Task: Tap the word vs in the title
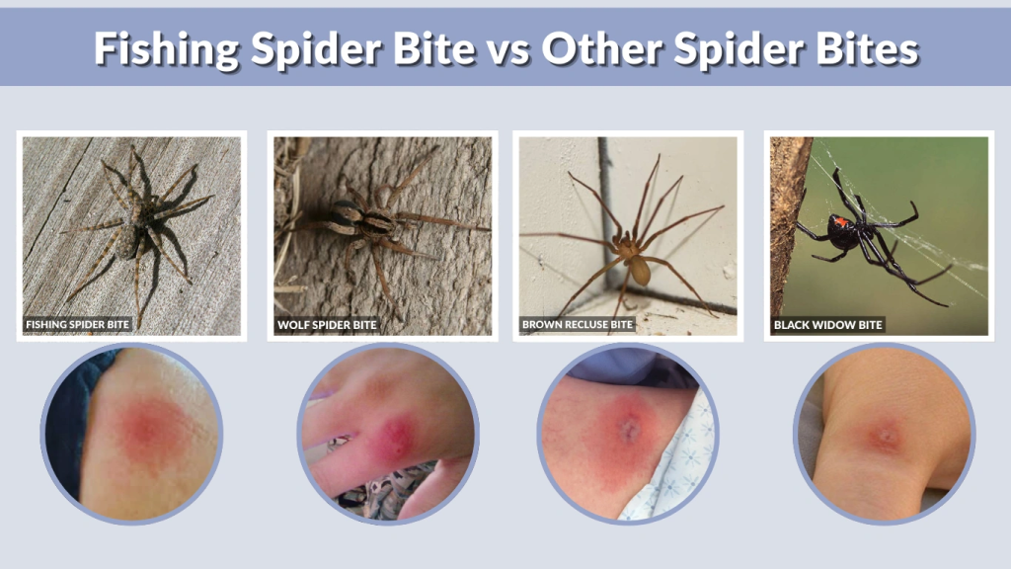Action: tap(501, 48)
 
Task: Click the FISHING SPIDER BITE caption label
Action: tap(77, 324)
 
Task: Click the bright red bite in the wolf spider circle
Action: tap(395, 435)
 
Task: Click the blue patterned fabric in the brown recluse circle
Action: tap(681, 464)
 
